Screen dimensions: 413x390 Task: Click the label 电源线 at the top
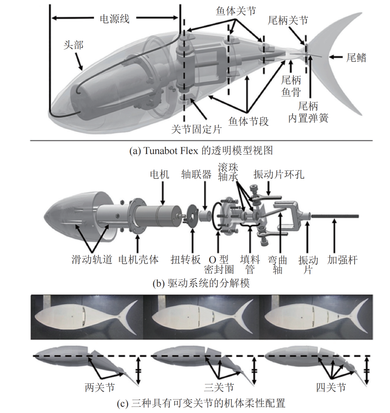pos(114,19)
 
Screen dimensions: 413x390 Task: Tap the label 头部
pos(73,45)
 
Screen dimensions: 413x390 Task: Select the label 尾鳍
pos(356,57)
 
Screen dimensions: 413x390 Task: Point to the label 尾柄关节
pos(288,21)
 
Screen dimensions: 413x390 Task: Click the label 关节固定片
pos(196,129)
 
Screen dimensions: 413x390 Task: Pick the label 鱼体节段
pos(249,121)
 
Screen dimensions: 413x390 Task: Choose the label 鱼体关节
pos(236,11)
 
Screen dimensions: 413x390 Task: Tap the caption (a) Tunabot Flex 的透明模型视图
pos(201,150)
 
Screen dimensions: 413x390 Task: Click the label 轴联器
pos(196,174)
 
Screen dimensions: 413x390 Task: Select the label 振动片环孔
pos(279,174)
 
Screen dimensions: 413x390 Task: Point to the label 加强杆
pos(342,260)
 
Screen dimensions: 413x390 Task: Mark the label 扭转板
pos(186,260)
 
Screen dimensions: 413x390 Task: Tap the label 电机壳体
pos(138,260)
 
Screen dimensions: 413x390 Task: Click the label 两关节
pos(100,387)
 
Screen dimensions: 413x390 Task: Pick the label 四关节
pos(331,387)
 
